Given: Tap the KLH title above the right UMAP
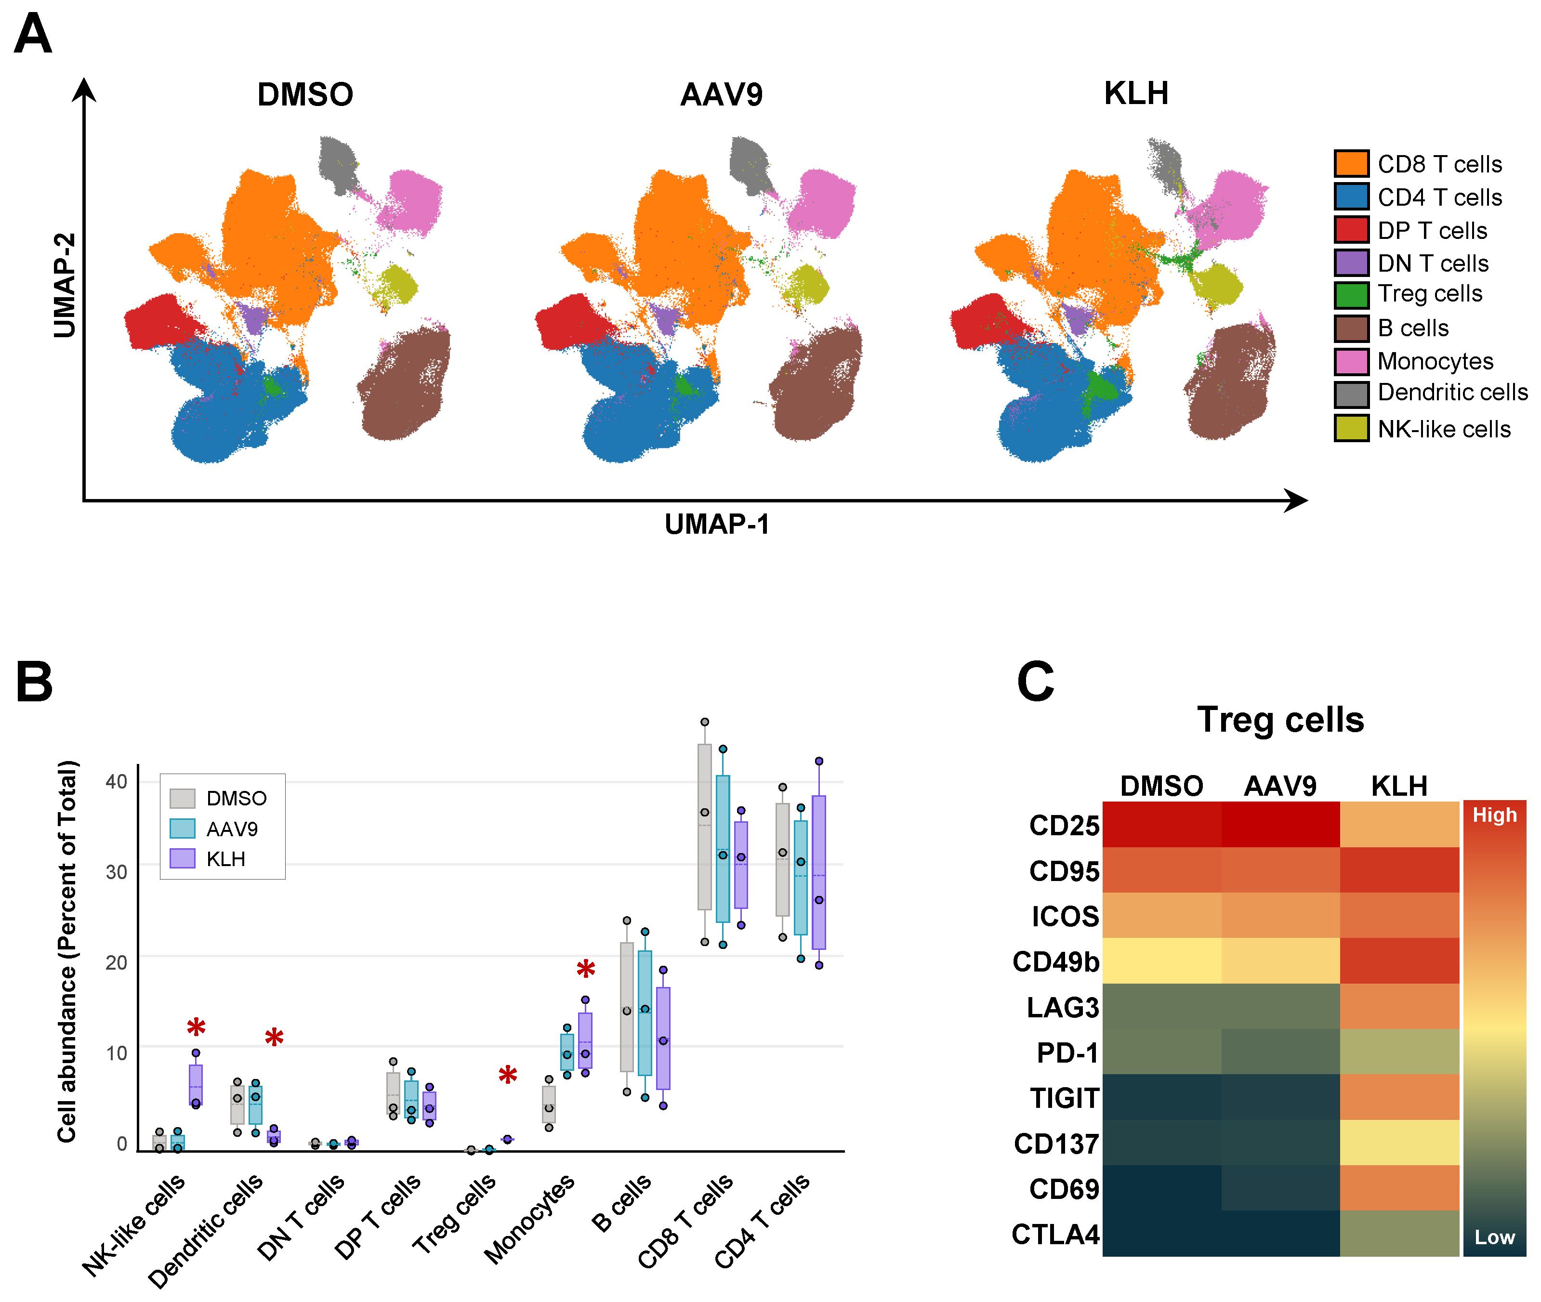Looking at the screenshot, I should [1136, 94].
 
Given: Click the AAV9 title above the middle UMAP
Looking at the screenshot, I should [721, 94].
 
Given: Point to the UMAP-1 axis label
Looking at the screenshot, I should [717, 524].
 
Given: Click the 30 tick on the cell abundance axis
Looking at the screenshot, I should [117, 872].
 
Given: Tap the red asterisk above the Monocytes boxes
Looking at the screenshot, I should [585, 970].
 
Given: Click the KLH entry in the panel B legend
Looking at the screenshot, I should [225, 859].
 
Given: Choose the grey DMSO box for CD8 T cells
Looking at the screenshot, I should [705, 827].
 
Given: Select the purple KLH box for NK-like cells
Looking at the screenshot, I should [196, 1084].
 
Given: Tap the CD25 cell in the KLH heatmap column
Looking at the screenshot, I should [1399, 825].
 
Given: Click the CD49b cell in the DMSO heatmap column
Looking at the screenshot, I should [1162, 960].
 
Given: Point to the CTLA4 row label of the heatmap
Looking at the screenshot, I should [1055, 1234].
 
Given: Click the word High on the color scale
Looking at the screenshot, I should [1494, 815].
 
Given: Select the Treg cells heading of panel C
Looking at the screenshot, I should [1280, 720].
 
